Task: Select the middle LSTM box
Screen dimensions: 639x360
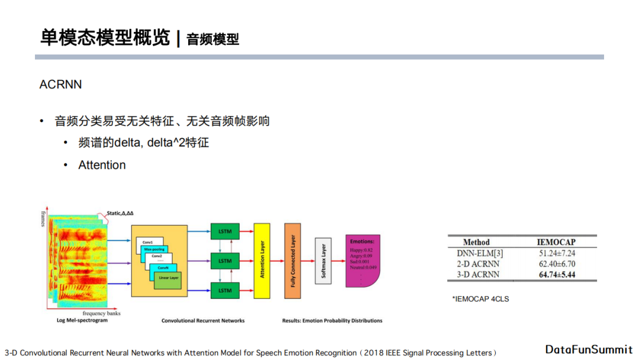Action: [x=225, y=261]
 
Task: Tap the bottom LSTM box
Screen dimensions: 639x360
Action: [x=225, y=290]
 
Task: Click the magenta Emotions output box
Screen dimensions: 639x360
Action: [x=362, y=261]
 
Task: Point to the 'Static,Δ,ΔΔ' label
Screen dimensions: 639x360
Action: [x=124, y=213]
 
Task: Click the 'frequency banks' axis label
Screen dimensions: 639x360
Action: [x=102, y=313]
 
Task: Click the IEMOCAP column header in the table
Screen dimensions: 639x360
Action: [x=556, y=242]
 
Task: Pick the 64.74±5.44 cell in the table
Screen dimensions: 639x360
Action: [x=556, y=274]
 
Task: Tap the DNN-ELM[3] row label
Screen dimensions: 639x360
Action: [x=476, y=253]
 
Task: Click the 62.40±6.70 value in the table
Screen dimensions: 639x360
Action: [x=556, y=263]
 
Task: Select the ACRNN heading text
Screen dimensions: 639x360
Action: [x=60, y=85]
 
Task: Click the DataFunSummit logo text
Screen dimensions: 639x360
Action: [x=589, y=349]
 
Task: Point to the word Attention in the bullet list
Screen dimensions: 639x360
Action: [x=102, y=165]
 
